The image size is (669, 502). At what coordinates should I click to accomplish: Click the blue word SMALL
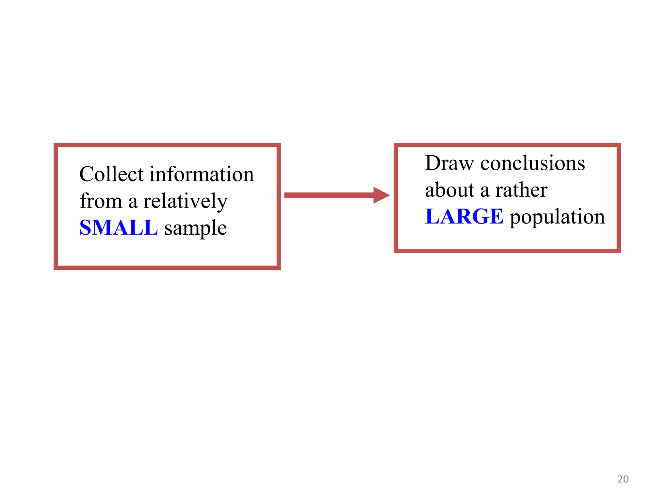coord(119,227)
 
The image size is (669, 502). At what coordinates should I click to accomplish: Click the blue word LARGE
coord(464,216)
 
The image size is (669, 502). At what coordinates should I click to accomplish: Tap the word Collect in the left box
coord(111,174)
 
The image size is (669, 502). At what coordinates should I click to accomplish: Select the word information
coord(202,174)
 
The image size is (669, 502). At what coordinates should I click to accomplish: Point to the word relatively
coord(185,201)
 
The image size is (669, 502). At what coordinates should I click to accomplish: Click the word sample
coord(195,228)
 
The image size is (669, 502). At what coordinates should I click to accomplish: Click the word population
coord(557,217)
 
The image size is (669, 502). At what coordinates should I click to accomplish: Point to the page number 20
coord(623,479)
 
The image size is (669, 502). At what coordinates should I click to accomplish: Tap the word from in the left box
coord(101,201)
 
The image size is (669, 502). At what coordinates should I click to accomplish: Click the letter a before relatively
coord(133,202)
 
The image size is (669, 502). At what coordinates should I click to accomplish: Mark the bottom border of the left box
coord(167,267)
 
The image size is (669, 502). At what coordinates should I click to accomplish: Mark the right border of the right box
coord(618,198)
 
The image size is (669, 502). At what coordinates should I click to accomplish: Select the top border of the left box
coord(167,145)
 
